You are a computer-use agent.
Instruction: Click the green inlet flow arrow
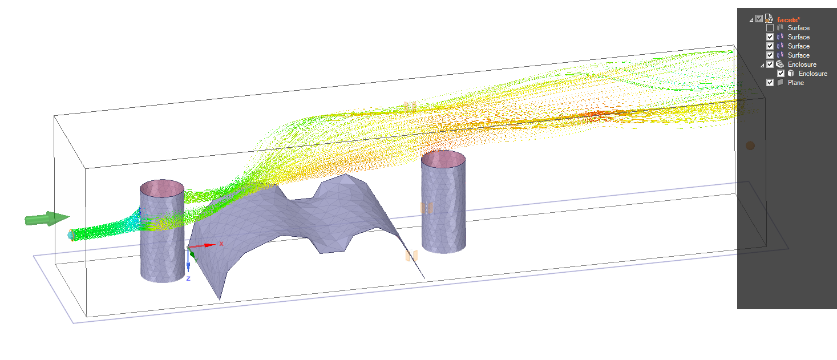[47, 219]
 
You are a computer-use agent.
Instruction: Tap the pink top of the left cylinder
[162, 188]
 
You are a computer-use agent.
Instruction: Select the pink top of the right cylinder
[443, 159]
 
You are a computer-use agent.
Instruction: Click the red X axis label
[221, 244]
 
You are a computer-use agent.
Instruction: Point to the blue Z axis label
[188, 278]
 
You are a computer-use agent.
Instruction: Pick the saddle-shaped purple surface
[299, 224]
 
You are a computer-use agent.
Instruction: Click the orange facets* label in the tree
[789, 20]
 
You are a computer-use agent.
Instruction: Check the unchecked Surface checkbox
[770, 28]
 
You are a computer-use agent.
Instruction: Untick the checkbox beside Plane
[770, 83]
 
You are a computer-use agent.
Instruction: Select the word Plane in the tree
[796, 83]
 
